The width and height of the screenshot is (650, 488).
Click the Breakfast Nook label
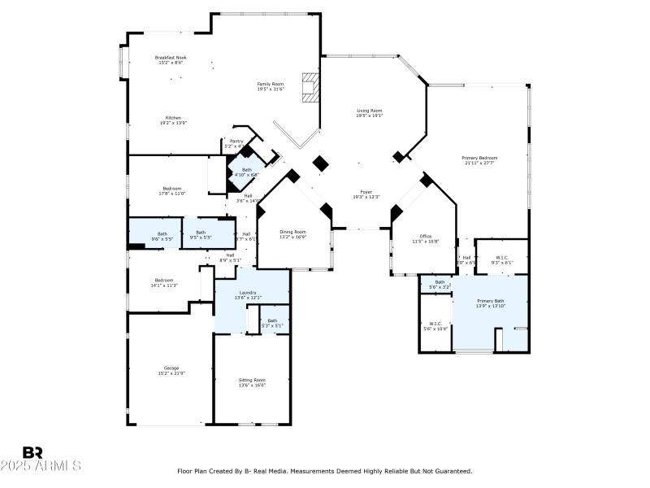tap(171, 58)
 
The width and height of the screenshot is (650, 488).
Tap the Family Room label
tap(271, 85)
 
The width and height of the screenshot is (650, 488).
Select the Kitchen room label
tap(174, 118)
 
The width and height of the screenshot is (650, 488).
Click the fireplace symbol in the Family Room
tap(310, 87)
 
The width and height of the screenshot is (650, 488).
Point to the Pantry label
tap(236, 142)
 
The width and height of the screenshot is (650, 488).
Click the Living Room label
tap(369, 111)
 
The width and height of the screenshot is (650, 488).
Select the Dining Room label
tap(293, 231)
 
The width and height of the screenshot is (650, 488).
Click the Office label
tap(425, 237)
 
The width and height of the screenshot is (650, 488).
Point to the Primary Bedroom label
tap(479, 158)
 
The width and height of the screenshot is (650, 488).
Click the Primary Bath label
tap(490, 301)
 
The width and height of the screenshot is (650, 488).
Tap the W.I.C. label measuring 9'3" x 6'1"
tap(501, 258)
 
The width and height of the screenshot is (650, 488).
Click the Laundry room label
tap(248, 293)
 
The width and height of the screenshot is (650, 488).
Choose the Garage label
tap(171, 368)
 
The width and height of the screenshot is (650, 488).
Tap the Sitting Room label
tap(252, 380)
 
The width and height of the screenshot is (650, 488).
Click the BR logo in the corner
tap(32, 452)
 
